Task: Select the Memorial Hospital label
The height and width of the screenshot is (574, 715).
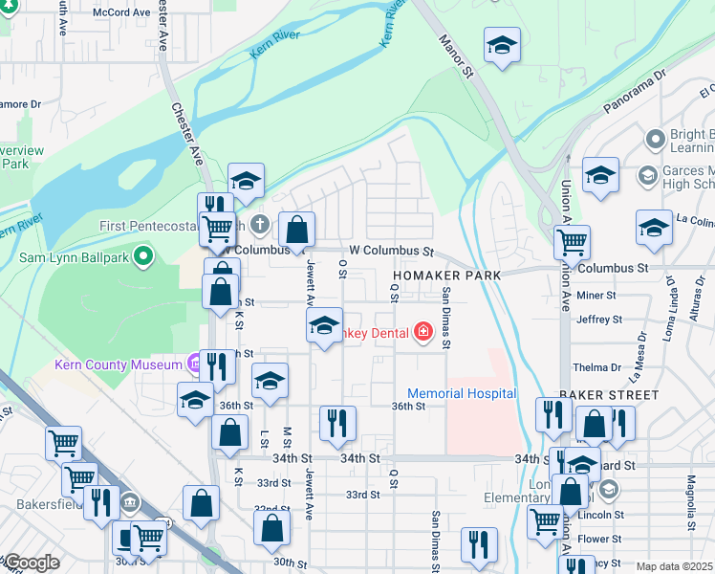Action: click(x=462, y=393)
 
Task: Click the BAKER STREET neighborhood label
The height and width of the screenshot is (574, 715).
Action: click(x=609, y=394)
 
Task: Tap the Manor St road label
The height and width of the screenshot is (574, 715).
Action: click(x=456, y=55)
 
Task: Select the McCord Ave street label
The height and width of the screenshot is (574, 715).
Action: click(x=121, y=13)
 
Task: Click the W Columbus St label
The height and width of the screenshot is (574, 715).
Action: click(x=392, y=251)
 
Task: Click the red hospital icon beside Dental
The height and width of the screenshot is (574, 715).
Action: click(x=422, y=332)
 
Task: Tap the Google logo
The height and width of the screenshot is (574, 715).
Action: click(x=31, y=563)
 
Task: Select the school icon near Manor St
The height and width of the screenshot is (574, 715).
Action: click(x=502, y=45)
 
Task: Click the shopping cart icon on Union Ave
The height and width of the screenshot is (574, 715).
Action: click(x=572, y=241)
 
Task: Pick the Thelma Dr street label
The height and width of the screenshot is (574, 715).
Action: click(x=596, y=367)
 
